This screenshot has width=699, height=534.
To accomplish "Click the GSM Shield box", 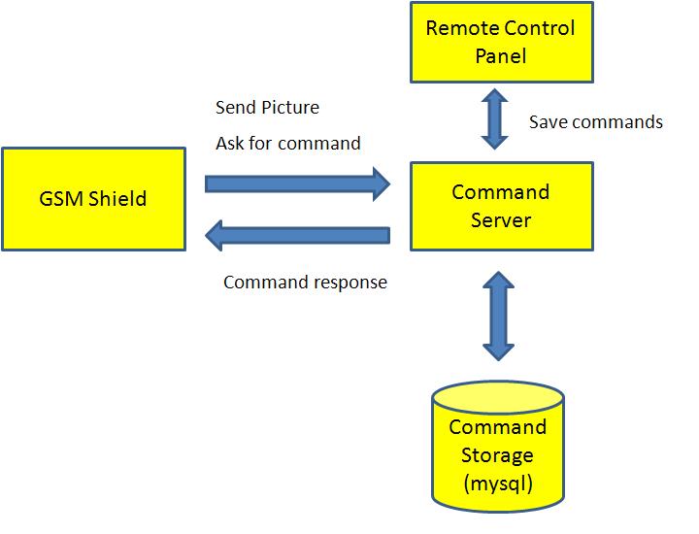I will pyautogui.click(x=93, y=199).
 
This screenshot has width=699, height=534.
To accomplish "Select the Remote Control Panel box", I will pyautogui.click(x=500, y=42).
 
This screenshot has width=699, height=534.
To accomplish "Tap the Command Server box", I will pyautogui.click(x=500, y=206).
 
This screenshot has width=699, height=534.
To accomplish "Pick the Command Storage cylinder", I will pyautogui.click(x=497, y=450).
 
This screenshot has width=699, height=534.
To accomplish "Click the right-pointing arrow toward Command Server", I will pyautogui.click(x=297, y=182).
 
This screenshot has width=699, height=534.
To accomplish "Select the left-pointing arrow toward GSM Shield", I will pyautogui.click(x=297, y=235).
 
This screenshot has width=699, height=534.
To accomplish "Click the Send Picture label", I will pyautogui.click(x=267, y=107).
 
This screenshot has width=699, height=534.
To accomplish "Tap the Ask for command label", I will pyautogui.click(x=287, y=144).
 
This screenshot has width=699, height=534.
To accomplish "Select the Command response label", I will pyautogui.click(x=305, y=283).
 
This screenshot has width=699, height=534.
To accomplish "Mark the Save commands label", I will pyautogui.click(x=595, y=122).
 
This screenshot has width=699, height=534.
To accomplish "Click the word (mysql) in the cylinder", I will pyautogui.click(x=497, y=483).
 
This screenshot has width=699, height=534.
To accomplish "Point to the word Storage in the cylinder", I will pyautogui.click(x=497, y=454).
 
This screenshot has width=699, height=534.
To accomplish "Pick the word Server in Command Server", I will pyautogui.click(x=501, y=220).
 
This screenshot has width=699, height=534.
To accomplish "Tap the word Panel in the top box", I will pyautogui.click(x=500, y=55).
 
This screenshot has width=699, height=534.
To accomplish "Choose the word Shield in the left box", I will pyautogui.click(x=116, y=199).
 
